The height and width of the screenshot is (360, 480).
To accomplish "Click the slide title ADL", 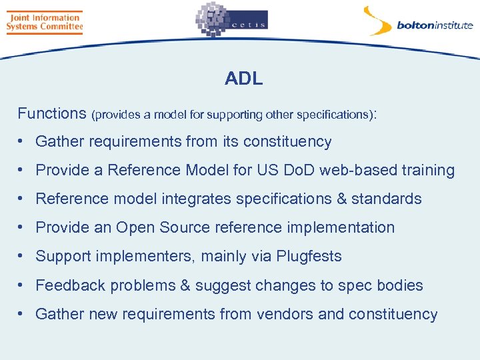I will pos(243,79).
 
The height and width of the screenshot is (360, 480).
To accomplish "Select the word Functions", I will pos(52,113).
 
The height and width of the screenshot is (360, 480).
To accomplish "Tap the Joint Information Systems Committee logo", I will pos(44,22).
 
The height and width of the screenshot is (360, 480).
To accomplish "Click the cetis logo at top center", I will pos(231,20).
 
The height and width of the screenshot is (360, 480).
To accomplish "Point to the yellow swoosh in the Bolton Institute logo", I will pos(377,20).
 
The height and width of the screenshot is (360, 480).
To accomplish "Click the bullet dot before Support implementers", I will pos(22,257).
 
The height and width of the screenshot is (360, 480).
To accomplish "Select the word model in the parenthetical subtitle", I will pos(170,115).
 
